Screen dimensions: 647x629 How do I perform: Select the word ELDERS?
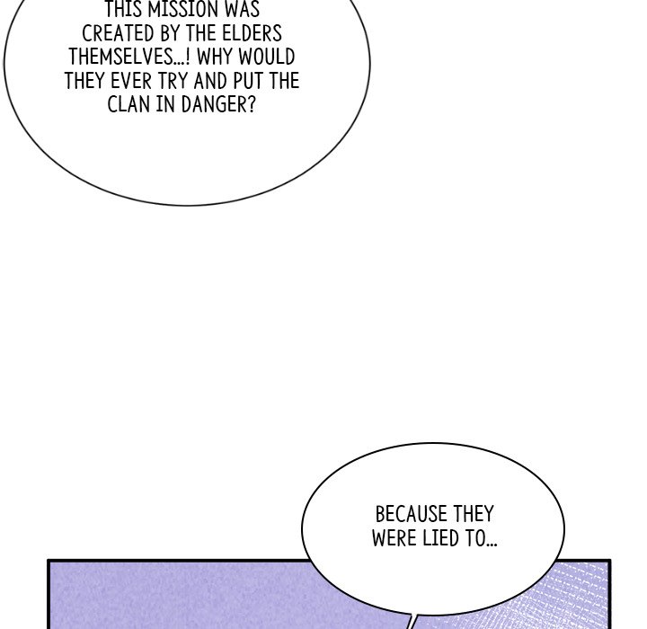(253, 33)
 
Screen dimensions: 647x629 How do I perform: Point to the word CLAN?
(129, 104)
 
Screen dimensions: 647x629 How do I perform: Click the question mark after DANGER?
(253, 104)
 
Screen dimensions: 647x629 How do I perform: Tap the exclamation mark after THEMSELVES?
(188, 57)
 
